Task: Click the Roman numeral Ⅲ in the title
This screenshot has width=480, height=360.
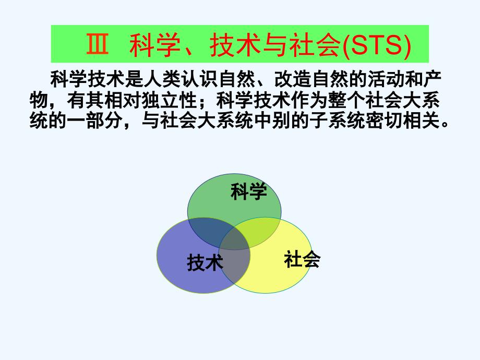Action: pyautogui.click(x=98, y=44)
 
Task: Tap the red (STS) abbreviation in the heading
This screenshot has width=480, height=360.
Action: pyautogui.click(x=377, y=45)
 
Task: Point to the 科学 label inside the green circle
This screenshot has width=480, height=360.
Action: pyautogui.click(x=248, y=191)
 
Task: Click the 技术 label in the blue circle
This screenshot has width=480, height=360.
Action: pyautogui.click(x=205, y=262)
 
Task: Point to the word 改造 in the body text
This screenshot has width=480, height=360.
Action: pyautogui.click(x=293, y=79)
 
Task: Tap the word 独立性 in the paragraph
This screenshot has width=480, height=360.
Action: pyautogui.click(x=169, y=100)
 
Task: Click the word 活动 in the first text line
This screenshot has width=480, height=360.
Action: pyautogui.click(x=386, y=79)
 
